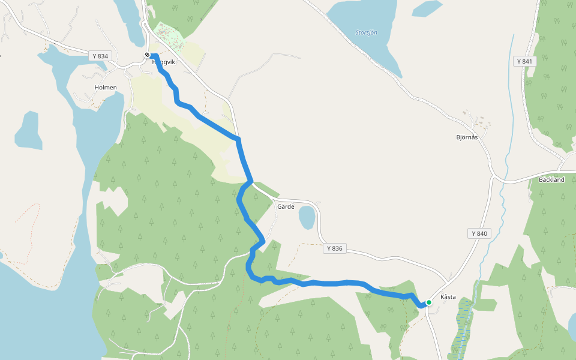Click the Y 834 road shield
click(x=101, y=56)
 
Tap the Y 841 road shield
click(x=524, y=61)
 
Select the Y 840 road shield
click(x=479, y=233)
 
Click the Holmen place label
click(x=106, y=88)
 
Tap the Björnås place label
click(x=467, y=137)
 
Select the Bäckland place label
click(x=551, y=179)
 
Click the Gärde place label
click(x=286, y=206)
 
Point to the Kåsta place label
click(x=448, y=297)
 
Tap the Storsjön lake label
click(x=367, y=32)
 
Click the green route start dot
click(x=429, y=302)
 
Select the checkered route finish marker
click(x=147, y=55)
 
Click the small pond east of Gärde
click(x=307, y=217)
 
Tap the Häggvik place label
click(x=164, y=62)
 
